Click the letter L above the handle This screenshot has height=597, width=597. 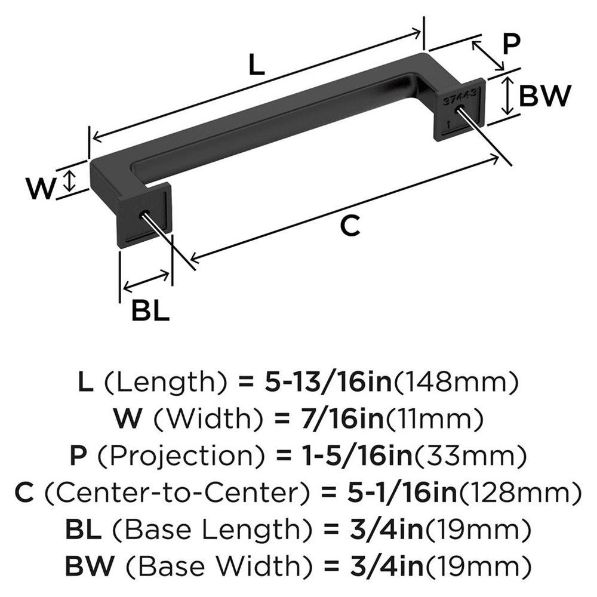coord(256,65)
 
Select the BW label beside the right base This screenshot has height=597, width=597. coord(544,96)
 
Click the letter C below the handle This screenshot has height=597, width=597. coord(349,226)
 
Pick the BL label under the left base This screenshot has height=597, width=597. coord(150,310)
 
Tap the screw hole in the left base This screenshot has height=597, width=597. coord(144,214)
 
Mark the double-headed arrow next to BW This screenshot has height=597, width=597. coord(507,96)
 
